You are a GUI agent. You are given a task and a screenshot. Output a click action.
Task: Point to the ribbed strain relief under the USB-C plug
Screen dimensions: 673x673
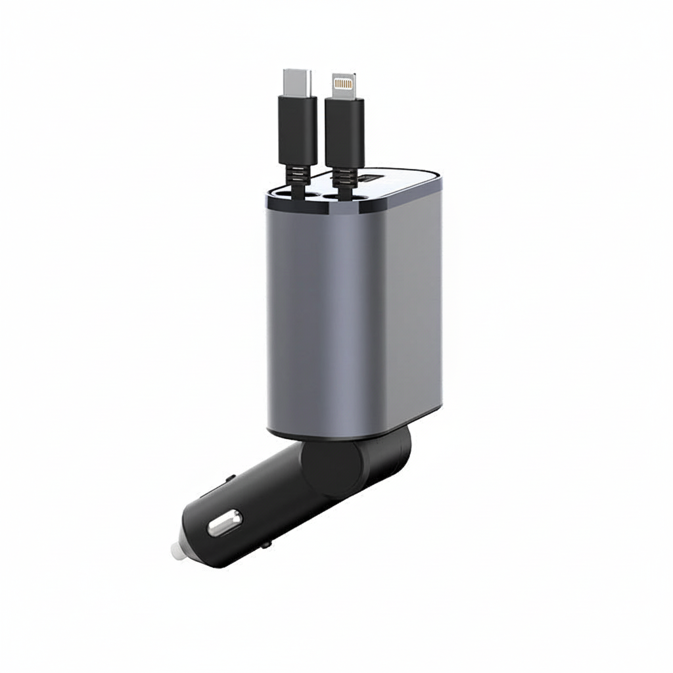299,179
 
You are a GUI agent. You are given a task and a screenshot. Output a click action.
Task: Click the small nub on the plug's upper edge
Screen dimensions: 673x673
231,477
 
